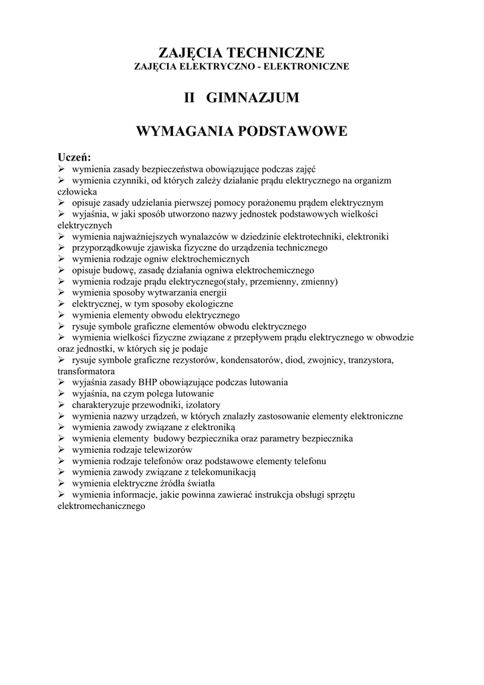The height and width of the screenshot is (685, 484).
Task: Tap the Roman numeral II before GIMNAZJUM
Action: pos(190,98)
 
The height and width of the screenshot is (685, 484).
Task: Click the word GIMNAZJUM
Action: pos(253,98)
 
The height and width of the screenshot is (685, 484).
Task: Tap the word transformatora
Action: pos(86,371)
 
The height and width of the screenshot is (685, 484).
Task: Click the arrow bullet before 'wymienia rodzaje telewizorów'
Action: pos(61,450)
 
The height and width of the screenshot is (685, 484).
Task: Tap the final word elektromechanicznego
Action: pos(102,506)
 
